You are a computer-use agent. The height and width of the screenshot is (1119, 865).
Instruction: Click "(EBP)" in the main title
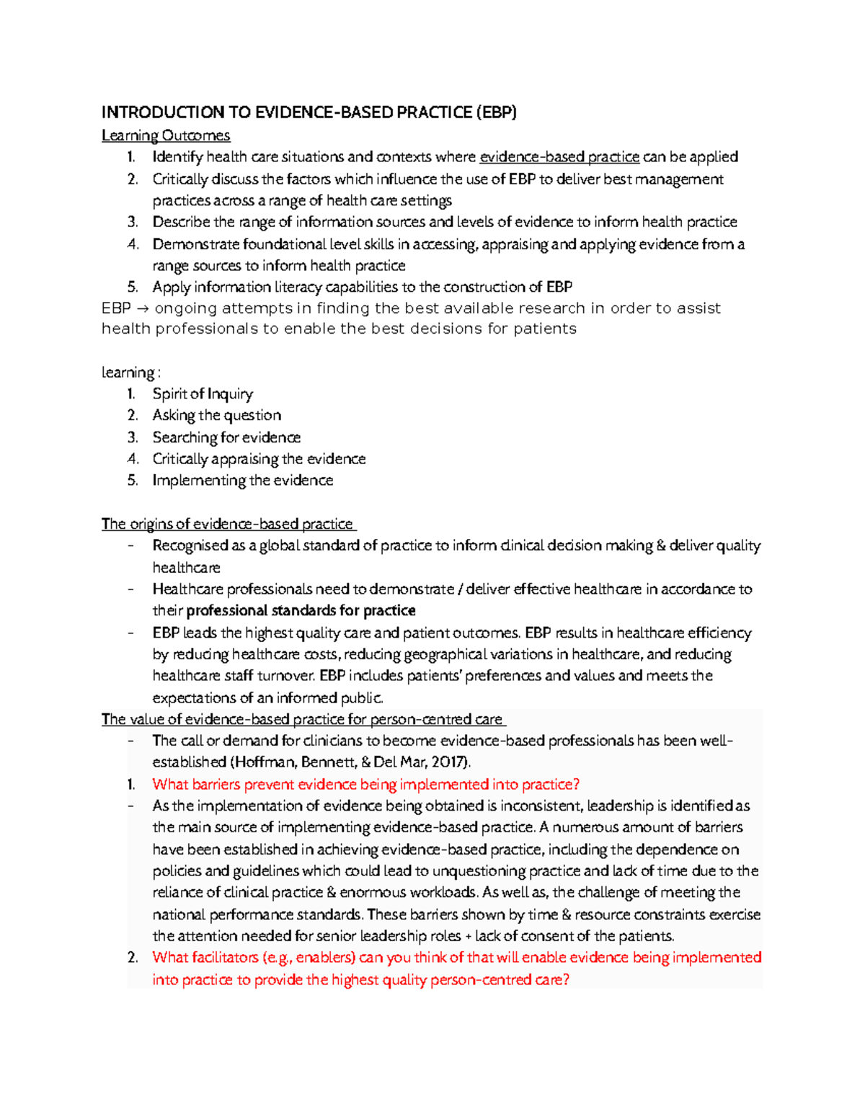(495, 112)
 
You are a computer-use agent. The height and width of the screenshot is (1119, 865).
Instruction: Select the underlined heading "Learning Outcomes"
(166, 135)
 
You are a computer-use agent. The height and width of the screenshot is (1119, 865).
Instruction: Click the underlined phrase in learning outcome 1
(559, 157)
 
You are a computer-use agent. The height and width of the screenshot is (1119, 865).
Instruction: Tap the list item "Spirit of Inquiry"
(203, 394)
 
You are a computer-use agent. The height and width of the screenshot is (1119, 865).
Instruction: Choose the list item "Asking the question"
(216, 416)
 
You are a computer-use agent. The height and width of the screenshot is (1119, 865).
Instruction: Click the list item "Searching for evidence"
(226, 437)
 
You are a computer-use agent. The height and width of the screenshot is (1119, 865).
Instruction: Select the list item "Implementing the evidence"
(242, 481)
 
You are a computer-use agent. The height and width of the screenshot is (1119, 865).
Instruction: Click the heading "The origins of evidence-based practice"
(227, 524)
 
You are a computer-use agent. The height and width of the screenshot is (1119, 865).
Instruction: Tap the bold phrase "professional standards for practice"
(301, 611)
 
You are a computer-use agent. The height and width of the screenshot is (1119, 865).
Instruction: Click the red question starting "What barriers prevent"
(365, 785)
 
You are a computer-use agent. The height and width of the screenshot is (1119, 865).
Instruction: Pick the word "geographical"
(456, 654)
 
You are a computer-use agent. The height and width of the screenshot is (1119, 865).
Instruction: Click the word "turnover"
(285, 676)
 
